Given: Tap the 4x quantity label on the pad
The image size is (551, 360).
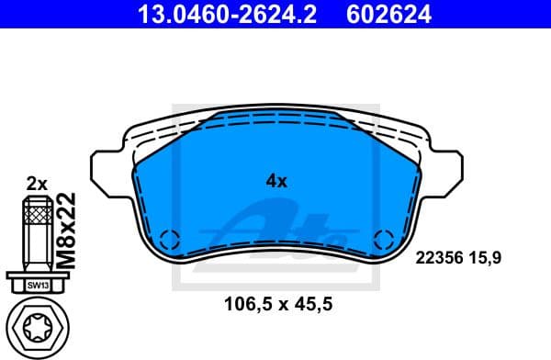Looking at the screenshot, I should tap(276, 181).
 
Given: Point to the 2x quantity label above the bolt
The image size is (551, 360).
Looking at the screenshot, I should tap(37, 183).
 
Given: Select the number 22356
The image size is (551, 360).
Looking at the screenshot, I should tap(437, 260).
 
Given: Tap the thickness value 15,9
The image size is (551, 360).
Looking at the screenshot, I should tap(487, 260).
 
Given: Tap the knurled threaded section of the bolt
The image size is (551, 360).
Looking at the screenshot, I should tap(37, 217).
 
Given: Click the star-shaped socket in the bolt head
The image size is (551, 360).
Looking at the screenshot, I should tap(37, 328).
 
